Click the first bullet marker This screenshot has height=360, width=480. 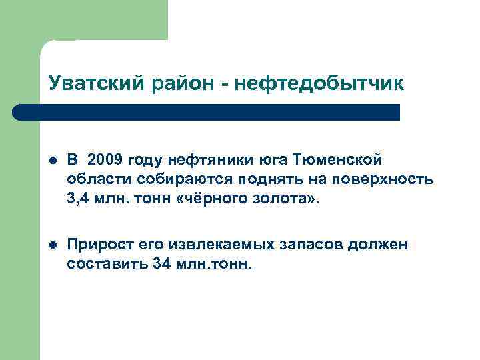[53, 160]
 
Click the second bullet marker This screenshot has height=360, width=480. [53, 245]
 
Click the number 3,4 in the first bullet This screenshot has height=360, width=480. [79, 199]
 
